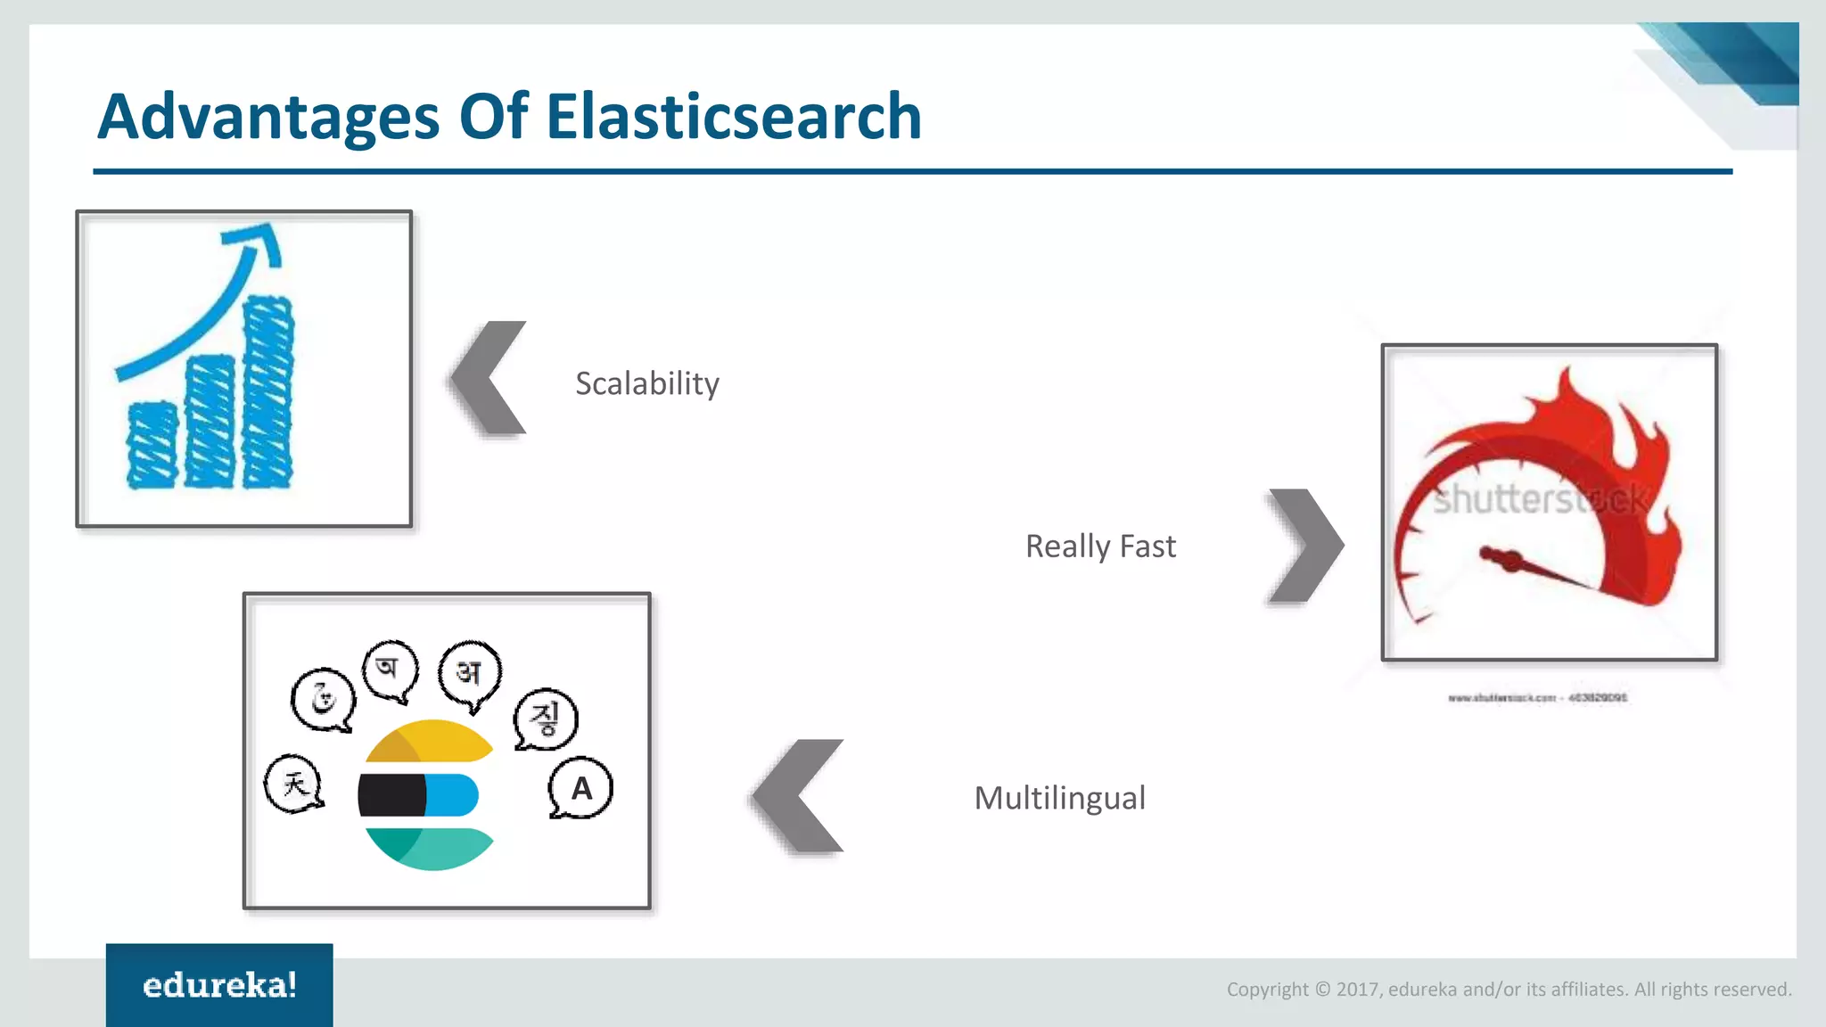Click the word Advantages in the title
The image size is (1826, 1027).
point(267,118)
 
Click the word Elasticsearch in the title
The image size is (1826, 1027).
point(733,118)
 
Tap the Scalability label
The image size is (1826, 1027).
point(646,383)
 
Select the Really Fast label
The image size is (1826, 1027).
point(1100,546)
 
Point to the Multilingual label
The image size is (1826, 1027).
point(1059,798)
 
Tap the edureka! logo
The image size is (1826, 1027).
point(219,985)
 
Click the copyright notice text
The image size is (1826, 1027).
point(1509,989)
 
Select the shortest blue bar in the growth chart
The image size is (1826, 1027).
point(152,445)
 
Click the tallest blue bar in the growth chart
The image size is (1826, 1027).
point(267,392)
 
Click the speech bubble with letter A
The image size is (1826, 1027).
point(580,788)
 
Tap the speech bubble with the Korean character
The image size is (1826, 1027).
point(546,719)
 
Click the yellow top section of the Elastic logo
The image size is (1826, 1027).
point(430,740)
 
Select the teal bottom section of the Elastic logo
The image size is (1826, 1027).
point(430,848)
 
